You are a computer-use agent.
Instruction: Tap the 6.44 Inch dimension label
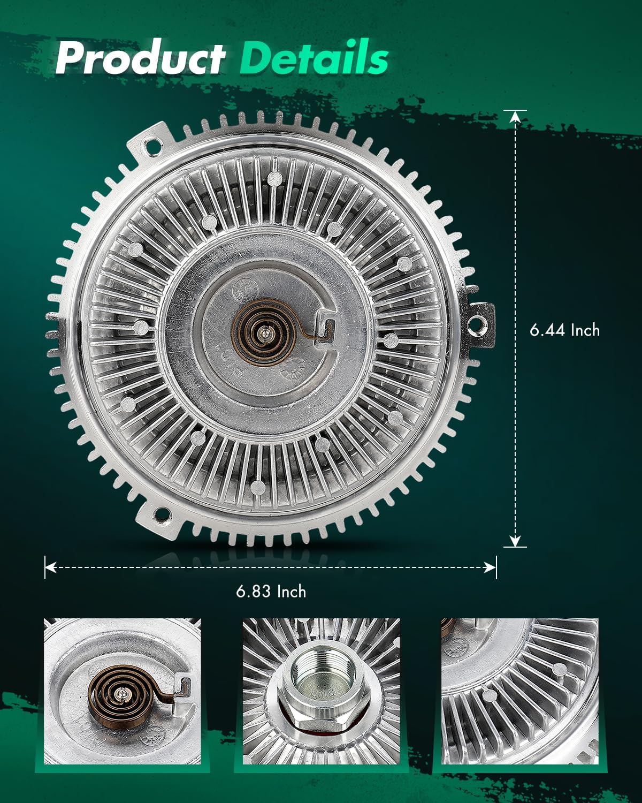coord(564,330)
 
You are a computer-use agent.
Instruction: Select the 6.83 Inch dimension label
coord(271,592)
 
